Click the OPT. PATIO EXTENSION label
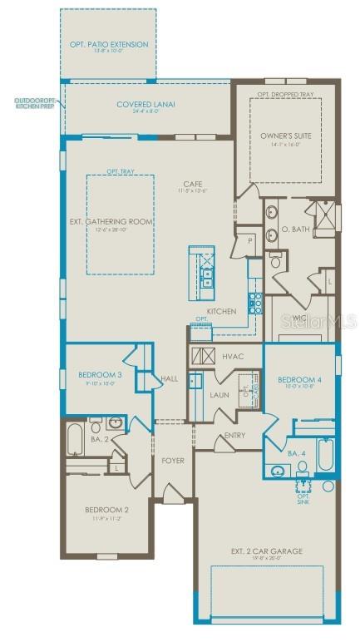107,44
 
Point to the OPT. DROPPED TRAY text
285,94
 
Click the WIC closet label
299,316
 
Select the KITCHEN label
221,311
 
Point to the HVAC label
232,356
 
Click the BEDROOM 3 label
101,375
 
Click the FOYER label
173,460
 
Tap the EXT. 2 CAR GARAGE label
266,551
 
